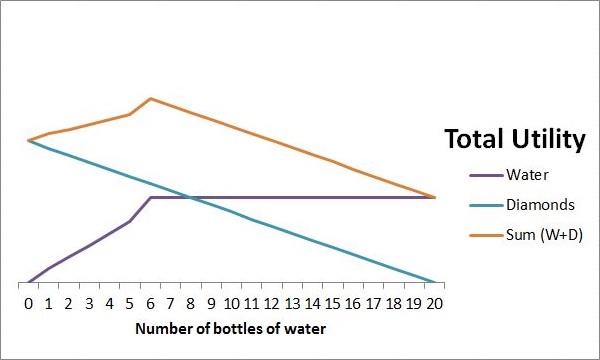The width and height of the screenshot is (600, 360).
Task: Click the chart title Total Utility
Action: click(514, 140)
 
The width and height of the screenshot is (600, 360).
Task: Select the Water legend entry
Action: click(527, 175)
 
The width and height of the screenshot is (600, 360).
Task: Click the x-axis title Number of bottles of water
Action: click(230, 327)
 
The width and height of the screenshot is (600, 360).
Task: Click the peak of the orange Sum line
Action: click(150, 98)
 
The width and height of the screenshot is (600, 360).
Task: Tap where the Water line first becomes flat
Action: click(150, 197)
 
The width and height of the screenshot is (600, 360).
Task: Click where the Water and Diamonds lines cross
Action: click(191, 197)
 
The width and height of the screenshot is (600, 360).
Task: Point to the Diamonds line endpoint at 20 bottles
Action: click(435, 282)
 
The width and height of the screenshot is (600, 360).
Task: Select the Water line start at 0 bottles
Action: click(28, 282)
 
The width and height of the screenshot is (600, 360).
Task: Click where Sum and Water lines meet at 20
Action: click(435, 197)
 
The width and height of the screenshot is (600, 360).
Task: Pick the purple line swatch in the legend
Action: click(485, 175)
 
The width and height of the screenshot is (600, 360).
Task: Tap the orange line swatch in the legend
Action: click(485, 235)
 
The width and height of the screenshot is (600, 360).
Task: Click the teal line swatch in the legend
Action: click(485, 205)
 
